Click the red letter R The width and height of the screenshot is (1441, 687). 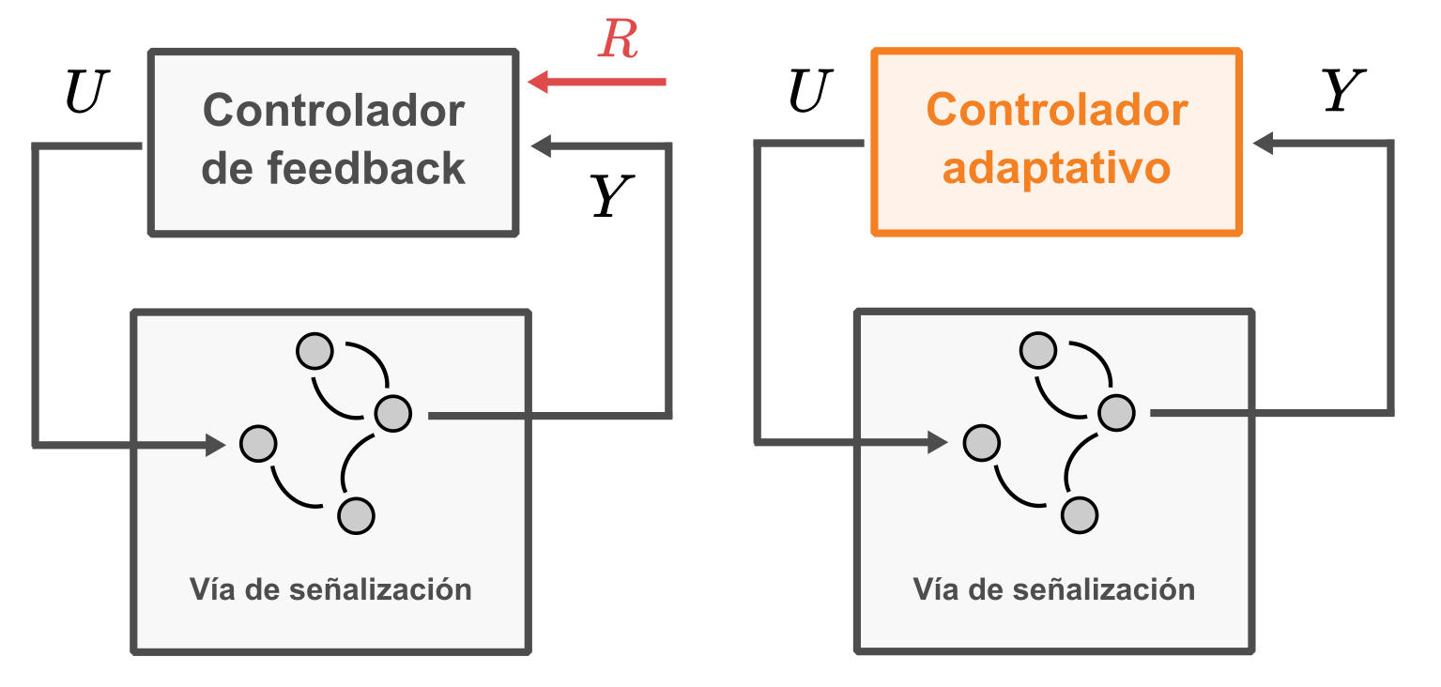click(619, 40)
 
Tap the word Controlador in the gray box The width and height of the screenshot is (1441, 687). click(333, 111)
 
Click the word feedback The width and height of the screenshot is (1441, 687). click(367, 169)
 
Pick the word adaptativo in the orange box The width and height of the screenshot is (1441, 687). click(1056, 169)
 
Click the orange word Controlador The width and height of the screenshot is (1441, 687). click(1056, 111)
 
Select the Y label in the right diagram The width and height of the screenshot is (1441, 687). click(1341, 93)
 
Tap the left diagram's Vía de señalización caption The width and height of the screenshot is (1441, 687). click(330, 589)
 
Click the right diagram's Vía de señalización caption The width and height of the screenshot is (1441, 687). click(1054, 589)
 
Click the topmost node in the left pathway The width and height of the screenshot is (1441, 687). click(314, 351)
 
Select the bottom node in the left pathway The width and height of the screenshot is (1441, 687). click(356, 515)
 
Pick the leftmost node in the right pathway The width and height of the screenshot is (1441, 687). click(982, 443)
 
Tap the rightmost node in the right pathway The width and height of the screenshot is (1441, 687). click(1116, 412)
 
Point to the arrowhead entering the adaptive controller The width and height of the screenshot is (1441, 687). click(1264, 144)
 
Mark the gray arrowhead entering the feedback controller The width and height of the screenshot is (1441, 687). click(542, 145)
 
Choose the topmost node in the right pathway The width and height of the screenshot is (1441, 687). click(1038, 351)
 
